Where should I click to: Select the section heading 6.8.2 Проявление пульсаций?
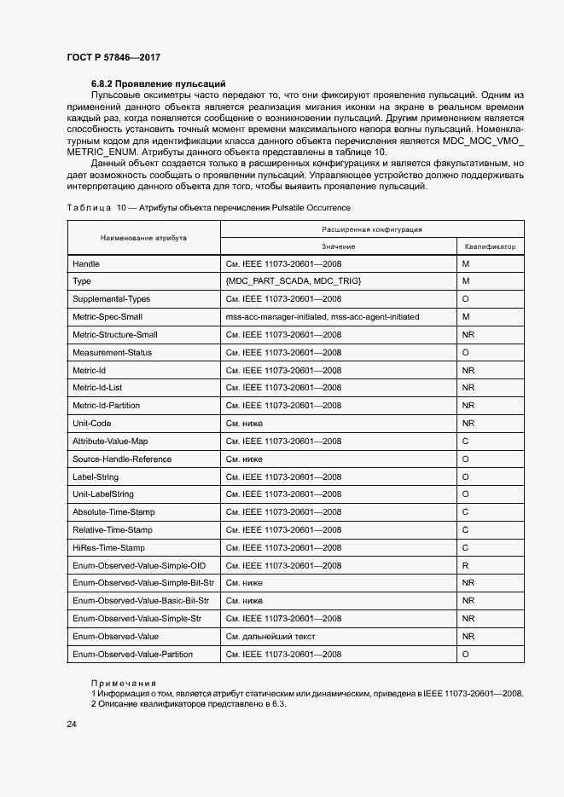pyautogui.click(x=158, y=84)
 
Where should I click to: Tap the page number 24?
pyautogui.click(x=72, y=724)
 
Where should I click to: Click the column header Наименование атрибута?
pyautogui.click(x=143, y=238)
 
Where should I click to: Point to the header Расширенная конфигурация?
pyautogui.click(x=372, y=229)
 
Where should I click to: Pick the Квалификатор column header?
pyautogui.click(x=490, y=246)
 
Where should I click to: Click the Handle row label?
pyautogui.click(x=86, y=263)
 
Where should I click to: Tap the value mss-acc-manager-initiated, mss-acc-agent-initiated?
pyautogui.click(x=323, y=316)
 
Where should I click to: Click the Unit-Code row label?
pyautogui.click(x=92, y=423)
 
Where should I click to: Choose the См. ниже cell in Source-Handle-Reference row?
pyautogui.click(x=244, y=459)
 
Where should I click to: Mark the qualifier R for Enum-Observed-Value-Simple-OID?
pyautogui.click(x=465, y=565)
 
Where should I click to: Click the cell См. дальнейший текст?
pyautogui.click(x=268, y=636)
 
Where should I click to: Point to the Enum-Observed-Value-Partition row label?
pyautogui.click(x=132, y=654)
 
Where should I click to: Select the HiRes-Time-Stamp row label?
pyautogui.click(x=109, y=547)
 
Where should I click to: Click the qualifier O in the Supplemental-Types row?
pyautogui.click(x=465, y=298)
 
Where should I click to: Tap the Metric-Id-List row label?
pyautogui.click(x=97, y=387)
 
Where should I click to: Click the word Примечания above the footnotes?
pyautogui.click(x=124, y=683)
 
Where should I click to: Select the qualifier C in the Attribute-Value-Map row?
pyautogui.click(x=465, y=441)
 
